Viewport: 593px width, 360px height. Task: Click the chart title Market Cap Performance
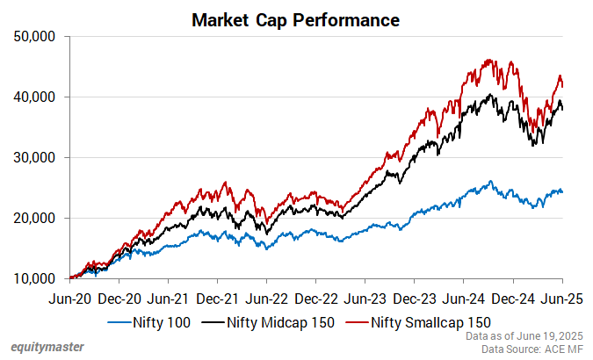click(x=296, y=18)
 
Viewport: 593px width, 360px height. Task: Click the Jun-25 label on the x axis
click(x=563, y=299)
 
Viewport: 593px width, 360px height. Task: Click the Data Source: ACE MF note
click(x=532, y=349)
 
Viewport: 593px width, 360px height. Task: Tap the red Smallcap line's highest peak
click(x=488, y=60)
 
